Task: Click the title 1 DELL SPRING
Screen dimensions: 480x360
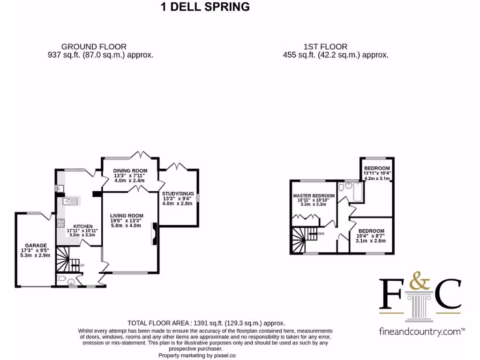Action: click(205, 7)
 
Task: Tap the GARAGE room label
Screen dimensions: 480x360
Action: click(36, 246)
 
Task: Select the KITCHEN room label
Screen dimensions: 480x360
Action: click(82, 226)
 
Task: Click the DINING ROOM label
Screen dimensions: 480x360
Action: click(130, 171)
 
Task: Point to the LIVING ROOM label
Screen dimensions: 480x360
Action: click(127, 216)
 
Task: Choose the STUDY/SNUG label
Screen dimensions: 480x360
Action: click(178, 194)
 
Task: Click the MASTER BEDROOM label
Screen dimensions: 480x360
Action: click(314, 195)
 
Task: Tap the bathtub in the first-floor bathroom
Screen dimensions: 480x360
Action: click(358, 192)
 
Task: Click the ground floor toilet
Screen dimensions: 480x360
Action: click(61, 278)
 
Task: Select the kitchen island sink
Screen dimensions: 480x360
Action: click(70, 201)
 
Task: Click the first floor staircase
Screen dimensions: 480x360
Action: click(304, 240)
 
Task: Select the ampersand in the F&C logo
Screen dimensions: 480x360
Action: click(420, 281)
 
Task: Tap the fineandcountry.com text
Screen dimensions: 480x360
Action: click(422, 331)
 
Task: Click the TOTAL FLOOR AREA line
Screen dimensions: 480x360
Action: click(206, 323)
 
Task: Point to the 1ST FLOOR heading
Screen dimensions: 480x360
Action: click(325, 47)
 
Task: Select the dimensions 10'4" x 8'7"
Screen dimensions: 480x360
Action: click(370, 236)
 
